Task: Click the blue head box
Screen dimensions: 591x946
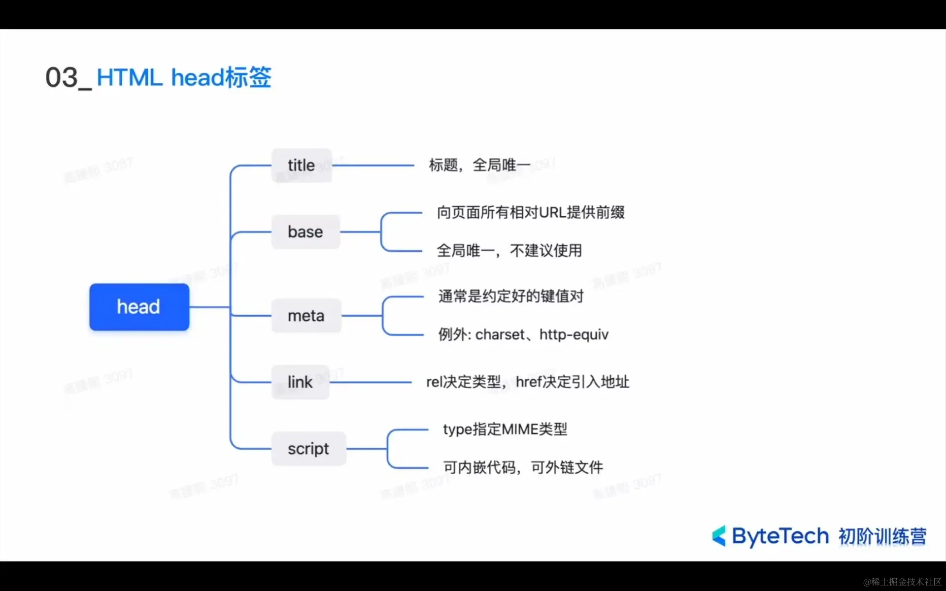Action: pyautogui.click(x=139, y=307)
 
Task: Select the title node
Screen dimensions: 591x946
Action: pyautogui.click(x=302, y=165)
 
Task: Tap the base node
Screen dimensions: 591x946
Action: pyautogui.click(x=305, y=232)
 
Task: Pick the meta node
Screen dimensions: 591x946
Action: pyautogui.click(x=306, y=316)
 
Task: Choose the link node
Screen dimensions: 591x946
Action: pyautogui.click(x=300, y=382)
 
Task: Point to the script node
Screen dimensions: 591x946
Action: pyautogui.click(x=308, y=449)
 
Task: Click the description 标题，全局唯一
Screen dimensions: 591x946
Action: pyautogui.click(x=479, y=165)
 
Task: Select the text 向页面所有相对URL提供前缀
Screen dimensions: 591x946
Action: pyautogui.click(x=531, y=213)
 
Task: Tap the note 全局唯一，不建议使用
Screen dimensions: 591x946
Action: pyautogui.click(x=509, y=251)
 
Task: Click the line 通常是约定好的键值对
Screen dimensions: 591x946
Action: pyautogui.click(x=511, y=296)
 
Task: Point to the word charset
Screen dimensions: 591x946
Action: pyautogui.click(x=500, y=335)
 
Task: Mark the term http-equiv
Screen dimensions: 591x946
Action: pyautogui.click(x=574, y=335)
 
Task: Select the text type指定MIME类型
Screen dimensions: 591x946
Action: pyautogui.click(x=505, y=429)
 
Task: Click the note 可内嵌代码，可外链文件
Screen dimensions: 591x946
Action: pyautogui.click(x=523, y=467)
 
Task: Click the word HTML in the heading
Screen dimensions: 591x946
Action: pyautogui.click(x=130, y=78)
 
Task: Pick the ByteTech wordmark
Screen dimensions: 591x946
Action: pyautogui.click(x=780, y=536)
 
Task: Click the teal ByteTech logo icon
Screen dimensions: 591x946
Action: pyautogui.click(x=719, y=536)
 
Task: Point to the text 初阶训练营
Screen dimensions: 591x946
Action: pyautogui.click(x=882, y=536)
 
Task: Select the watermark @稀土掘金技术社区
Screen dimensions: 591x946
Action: pyautogui.click(x=902, y=582)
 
